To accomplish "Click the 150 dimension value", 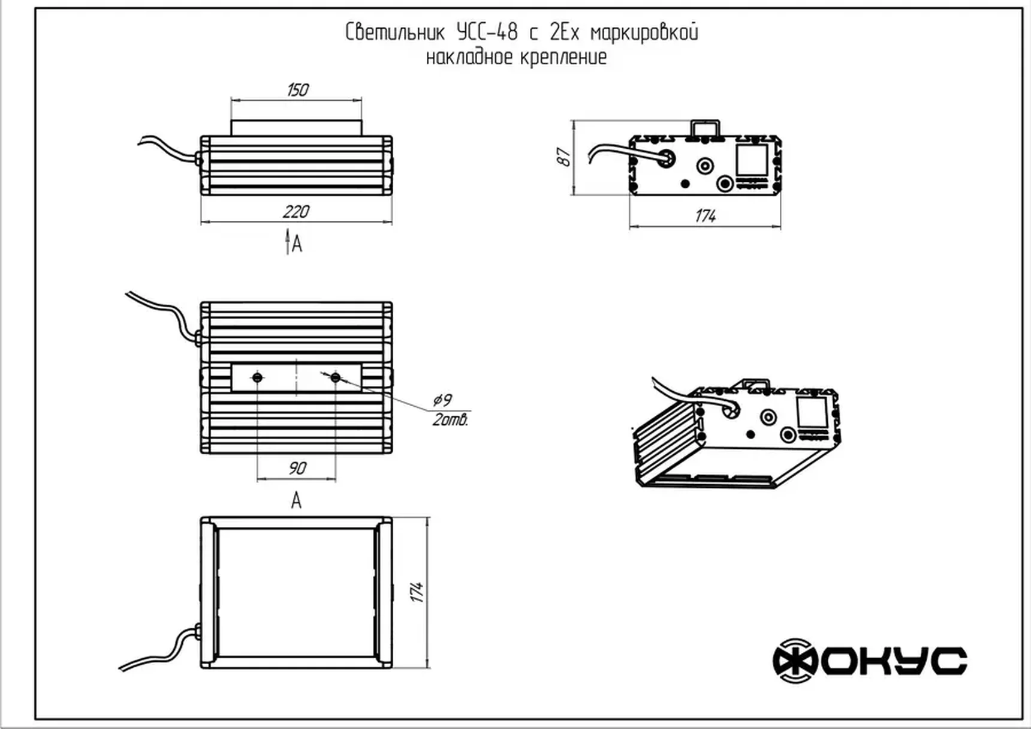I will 297,90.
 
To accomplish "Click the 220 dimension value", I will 296,212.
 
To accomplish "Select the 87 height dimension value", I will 564,157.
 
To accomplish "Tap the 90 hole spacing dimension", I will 297,468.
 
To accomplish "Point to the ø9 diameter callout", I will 442,400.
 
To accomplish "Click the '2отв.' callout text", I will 450,420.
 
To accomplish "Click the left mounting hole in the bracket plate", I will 258,377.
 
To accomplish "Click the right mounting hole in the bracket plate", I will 336,377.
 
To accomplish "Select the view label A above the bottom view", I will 296,500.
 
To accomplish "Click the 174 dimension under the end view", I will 706,216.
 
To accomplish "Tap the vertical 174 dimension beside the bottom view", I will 417,592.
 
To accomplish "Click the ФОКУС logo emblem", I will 795,661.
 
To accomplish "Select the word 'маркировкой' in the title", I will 644,32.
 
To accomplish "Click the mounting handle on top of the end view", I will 705,127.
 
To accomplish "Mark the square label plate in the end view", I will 752,160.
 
